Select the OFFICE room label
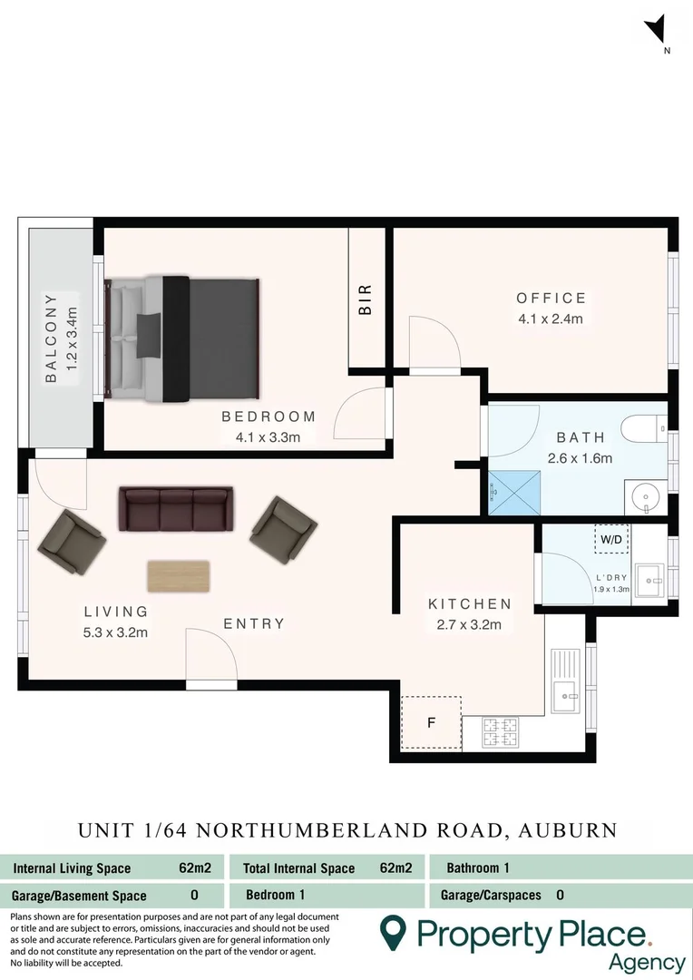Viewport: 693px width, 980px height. pyautogui.click(x=551, y=299)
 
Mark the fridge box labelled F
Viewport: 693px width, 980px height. pyautogui.click(x=431, y=723)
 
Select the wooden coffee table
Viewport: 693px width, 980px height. pyautogui.click(x=179, y=575)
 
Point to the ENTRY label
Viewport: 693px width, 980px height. pyautogui.click(x=254, y=624)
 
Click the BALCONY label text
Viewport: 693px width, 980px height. pyautogui.click(x=51, y=337)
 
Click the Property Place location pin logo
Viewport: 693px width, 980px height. pyautogui.click(x=392, y=933)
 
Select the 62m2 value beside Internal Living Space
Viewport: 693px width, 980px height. pyautogui.click(x=195, y=868)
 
